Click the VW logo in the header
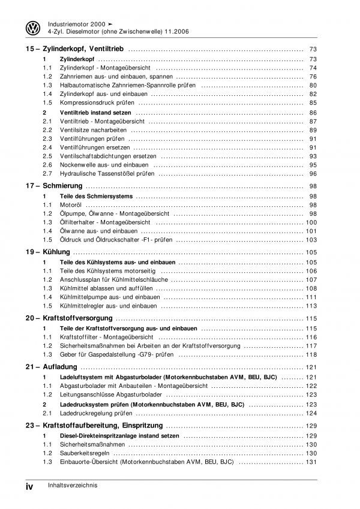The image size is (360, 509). (x=32, y=28)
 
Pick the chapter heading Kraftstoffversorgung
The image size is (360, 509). (x=78, y=317)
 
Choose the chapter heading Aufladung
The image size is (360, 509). (x=61, y=366)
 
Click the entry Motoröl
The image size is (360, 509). (x=72, y=205)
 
